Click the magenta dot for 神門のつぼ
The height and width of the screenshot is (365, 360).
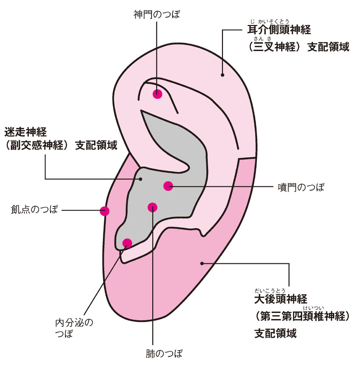click(x=157, y=94)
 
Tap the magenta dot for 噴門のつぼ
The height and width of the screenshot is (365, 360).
click(x=168, y=186)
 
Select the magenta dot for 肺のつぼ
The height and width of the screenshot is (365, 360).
click(x=153, y=207)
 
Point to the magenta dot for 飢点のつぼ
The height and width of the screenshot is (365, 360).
click(x=105, y=211)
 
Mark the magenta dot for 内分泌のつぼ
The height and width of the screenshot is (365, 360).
click(x=127, y=243)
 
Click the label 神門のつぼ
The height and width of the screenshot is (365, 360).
click(x=157, y=15)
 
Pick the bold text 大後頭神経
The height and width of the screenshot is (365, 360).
click(x=280, y=299)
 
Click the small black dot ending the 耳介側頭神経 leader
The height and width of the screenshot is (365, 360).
click(x=222, y=75)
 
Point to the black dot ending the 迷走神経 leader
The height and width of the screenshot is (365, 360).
click(x=141, y=179)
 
